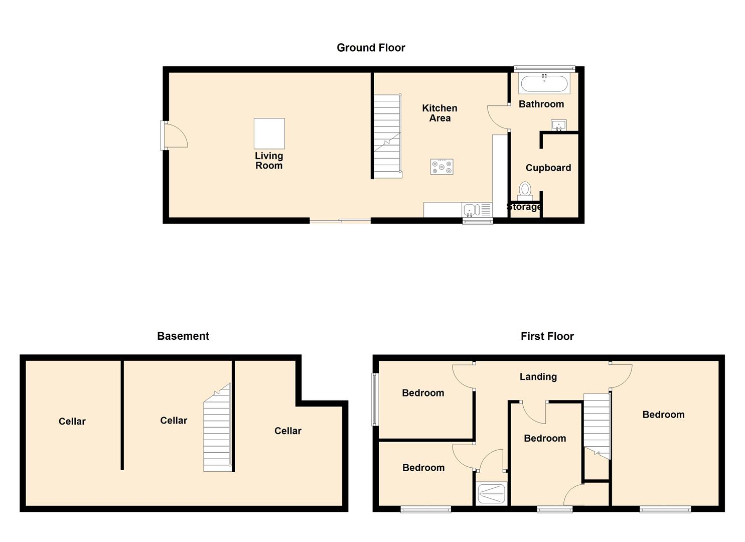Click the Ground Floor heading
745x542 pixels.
371,48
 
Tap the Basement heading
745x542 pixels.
183,336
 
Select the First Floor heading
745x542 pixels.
547,336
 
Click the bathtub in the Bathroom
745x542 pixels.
544,83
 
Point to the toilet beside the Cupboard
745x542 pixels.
525,191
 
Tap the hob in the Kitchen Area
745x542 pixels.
441,167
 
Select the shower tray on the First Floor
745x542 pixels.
492,494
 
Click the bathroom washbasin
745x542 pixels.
559,125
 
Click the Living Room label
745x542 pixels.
269,161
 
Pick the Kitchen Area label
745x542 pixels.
439,113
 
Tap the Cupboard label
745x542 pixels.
548,168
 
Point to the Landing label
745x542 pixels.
538,376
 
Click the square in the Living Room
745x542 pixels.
269,133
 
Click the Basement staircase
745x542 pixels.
217,427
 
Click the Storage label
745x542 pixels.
524,207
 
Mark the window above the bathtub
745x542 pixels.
544,68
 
